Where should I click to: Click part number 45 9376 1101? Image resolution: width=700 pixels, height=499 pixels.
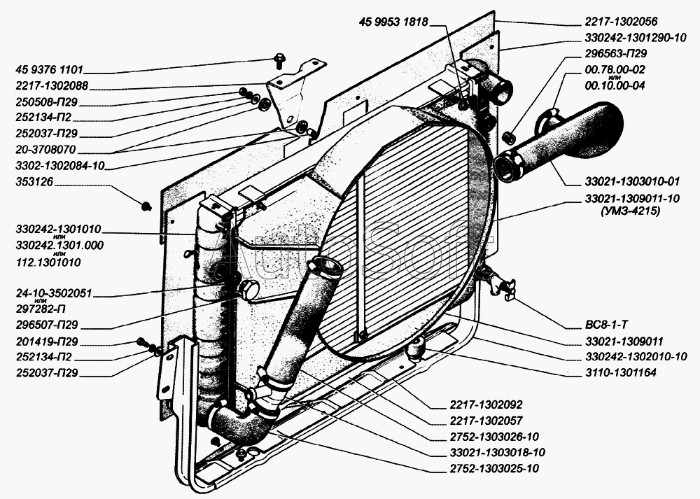click(49, 69)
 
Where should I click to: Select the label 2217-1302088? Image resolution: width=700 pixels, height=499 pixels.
click(52, 85)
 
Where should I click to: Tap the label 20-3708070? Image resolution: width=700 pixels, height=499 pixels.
click(45, 149)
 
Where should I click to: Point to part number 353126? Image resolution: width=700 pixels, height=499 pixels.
click(34, 182)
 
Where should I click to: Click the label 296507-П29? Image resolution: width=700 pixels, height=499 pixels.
click(46, 325)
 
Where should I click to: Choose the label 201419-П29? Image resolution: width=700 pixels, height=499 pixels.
click(46, 342)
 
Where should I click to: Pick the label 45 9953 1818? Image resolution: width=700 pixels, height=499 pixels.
click(393, 22)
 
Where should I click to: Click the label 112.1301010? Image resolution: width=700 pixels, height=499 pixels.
click(48, 262)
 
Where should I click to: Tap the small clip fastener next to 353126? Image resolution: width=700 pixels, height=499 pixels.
click(146, 206)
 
